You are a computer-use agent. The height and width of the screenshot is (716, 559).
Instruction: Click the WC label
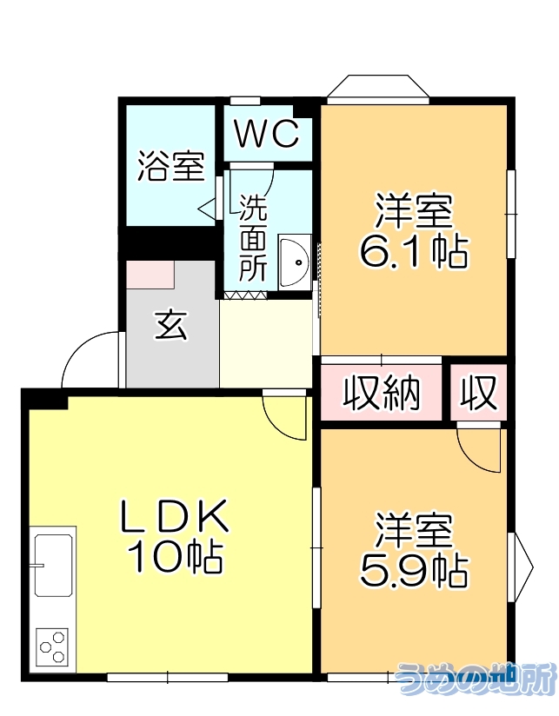click(x=267, y=135)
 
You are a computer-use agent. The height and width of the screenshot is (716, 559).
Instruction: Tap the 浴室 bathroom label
click(x=170, y=166)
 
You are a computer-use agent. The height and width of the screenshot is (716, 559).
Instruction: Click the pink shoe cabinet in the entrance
click(x=150, y=274)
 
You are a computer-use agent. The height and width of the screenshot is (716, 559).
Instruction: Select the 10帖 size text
click(x=174, y=557)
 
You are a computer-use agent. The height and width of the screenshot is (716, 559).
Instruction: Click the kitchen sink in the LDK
click(x=53, y=565)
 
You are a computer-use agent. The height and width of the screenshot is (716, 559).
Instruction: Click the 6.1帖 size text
click(x=413, y=252)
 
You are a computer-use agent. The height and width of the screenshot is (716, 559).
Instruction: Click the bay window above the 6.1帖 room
click(x=379, y=89)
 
